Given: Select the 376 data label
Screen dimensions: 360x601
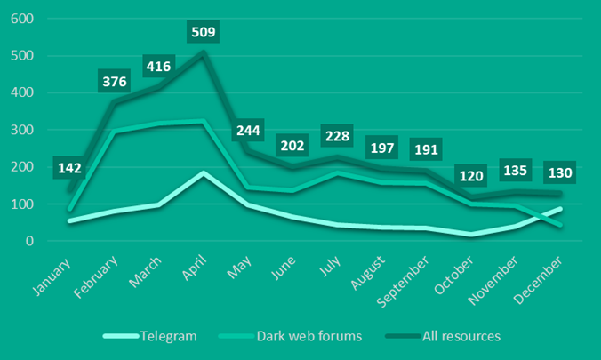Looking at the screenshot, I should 115,82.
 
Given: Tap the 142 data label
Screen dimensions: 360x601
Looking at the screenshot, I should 71,168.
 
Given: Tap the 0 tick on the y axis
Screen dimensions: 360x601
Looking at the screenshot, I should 29,241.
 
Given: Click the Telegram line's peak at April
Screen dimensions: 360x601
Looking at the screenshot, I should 203,172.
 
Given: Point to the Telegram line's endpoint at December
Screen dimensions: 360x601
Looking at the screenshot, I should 560,209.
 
